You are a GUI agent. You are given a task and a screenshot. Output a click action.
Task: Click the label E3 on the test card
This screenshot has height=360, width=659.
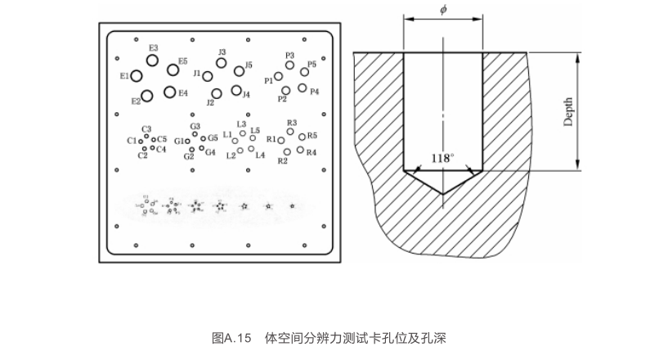[154, 48]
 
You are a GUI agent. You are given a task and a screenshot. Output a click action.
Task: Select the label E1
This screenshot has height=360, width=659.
[124, 76]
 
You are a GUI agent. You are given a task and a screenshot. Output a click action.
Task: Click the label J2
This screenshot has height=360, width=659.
[210, 102]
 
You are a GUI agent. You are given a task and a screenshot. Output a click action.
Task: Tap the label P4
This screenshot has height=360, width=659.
[315, 91]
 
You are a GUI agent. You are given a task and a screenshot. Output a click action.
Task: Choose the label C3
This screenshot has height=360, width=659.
[146, 129]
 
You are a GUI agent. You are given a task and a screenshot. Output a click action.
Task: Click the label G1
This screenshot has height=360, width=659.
[178, 142]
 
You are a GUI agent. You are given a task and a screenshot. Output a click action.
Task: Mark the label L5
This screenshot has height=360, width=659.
[255, 130]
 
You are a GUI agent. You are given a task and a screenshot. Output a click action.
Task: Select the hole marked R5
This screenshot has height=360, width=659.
[303, 137]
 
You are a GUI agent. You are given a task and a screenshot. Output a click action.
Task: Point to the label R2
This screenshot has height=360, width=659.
[283, 161]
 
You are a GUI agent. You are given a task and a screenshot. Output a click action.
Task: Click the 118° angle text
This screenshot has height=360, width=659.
[442, 158]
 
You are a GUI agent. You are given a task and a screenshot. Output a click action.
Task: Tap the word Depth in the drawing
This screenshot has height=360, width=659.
[568, 111]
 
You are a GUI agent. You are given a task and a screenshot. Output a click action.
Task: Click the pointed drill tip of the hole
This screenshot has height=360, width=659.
[442, 193]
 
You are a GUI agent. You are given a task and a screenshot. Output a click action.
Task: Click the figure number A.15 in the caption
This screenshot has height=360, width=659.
[239, 337]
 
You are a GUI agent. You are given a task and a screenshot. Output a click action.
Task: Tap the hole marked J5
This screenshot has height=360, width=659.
[239, 71]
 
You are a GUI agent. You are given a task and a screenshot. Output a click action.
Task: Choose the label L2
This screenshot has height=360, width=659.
[231, 155]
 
